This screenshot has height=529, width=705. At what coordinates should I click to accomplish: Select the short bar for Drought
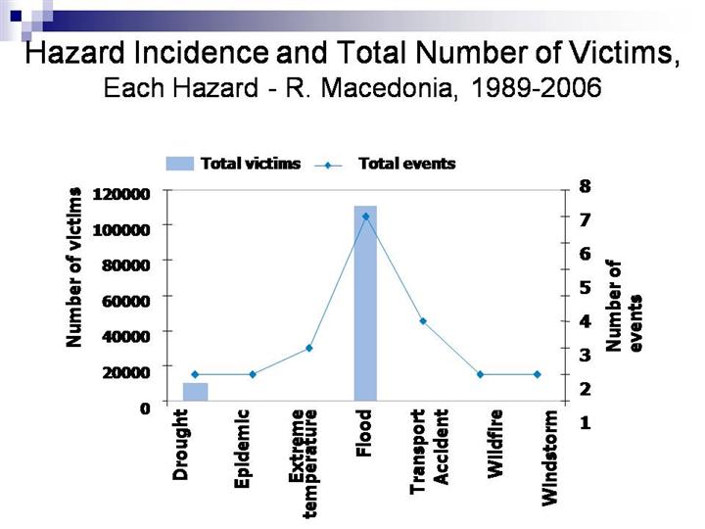(x=195, y=391)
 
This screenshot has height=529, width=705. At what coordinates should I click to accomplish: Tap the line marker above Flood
(x=365, y=216)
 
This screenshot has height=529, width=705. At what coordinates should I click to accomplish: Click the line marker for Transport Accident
(x=423, y=321)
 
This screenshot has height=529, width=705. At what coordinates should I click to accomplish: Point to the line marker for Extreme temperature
(x=308, y=348)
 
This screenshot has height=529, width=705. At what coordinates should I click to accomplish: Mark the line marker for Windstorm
(x=537, y=374)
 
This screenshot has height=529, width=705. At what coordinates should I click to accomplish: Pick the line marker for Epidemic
(x=252, y=374)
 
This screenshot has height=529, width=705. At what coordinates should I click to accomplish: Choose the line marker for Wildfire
(x=480, y=374)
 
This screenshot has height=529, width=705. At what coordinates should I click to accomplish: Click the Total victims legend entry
(x=234, y=164)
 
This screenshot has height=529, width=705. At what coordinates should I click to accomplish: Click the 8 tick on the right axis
(x=586, y=185)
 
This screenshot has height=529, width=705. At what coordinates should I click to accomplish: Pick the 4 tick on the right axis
(x=586, y=320)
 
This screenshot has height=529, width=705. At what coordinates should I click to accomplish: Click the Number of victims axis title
(x=73, y=266)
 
